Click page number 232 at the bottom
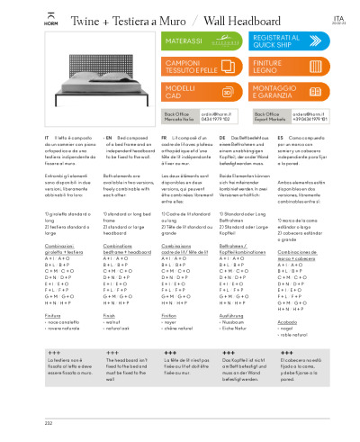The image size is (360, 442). point(22,420)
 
